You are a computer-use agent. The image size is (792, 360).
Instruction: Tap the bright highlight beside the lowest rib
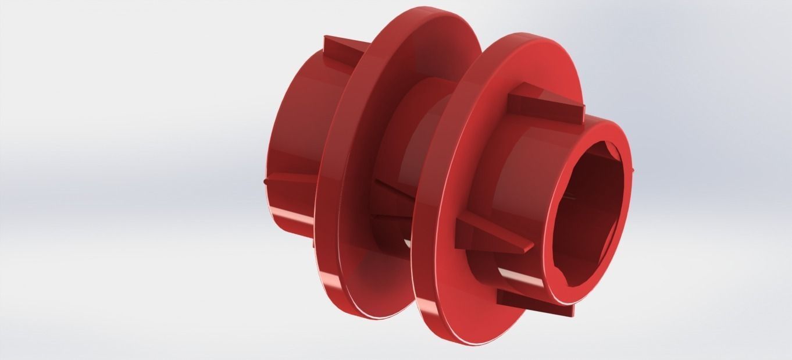(512, 273)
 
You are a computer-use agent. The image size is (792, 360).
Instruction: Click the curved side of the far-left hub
(297, 134)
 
